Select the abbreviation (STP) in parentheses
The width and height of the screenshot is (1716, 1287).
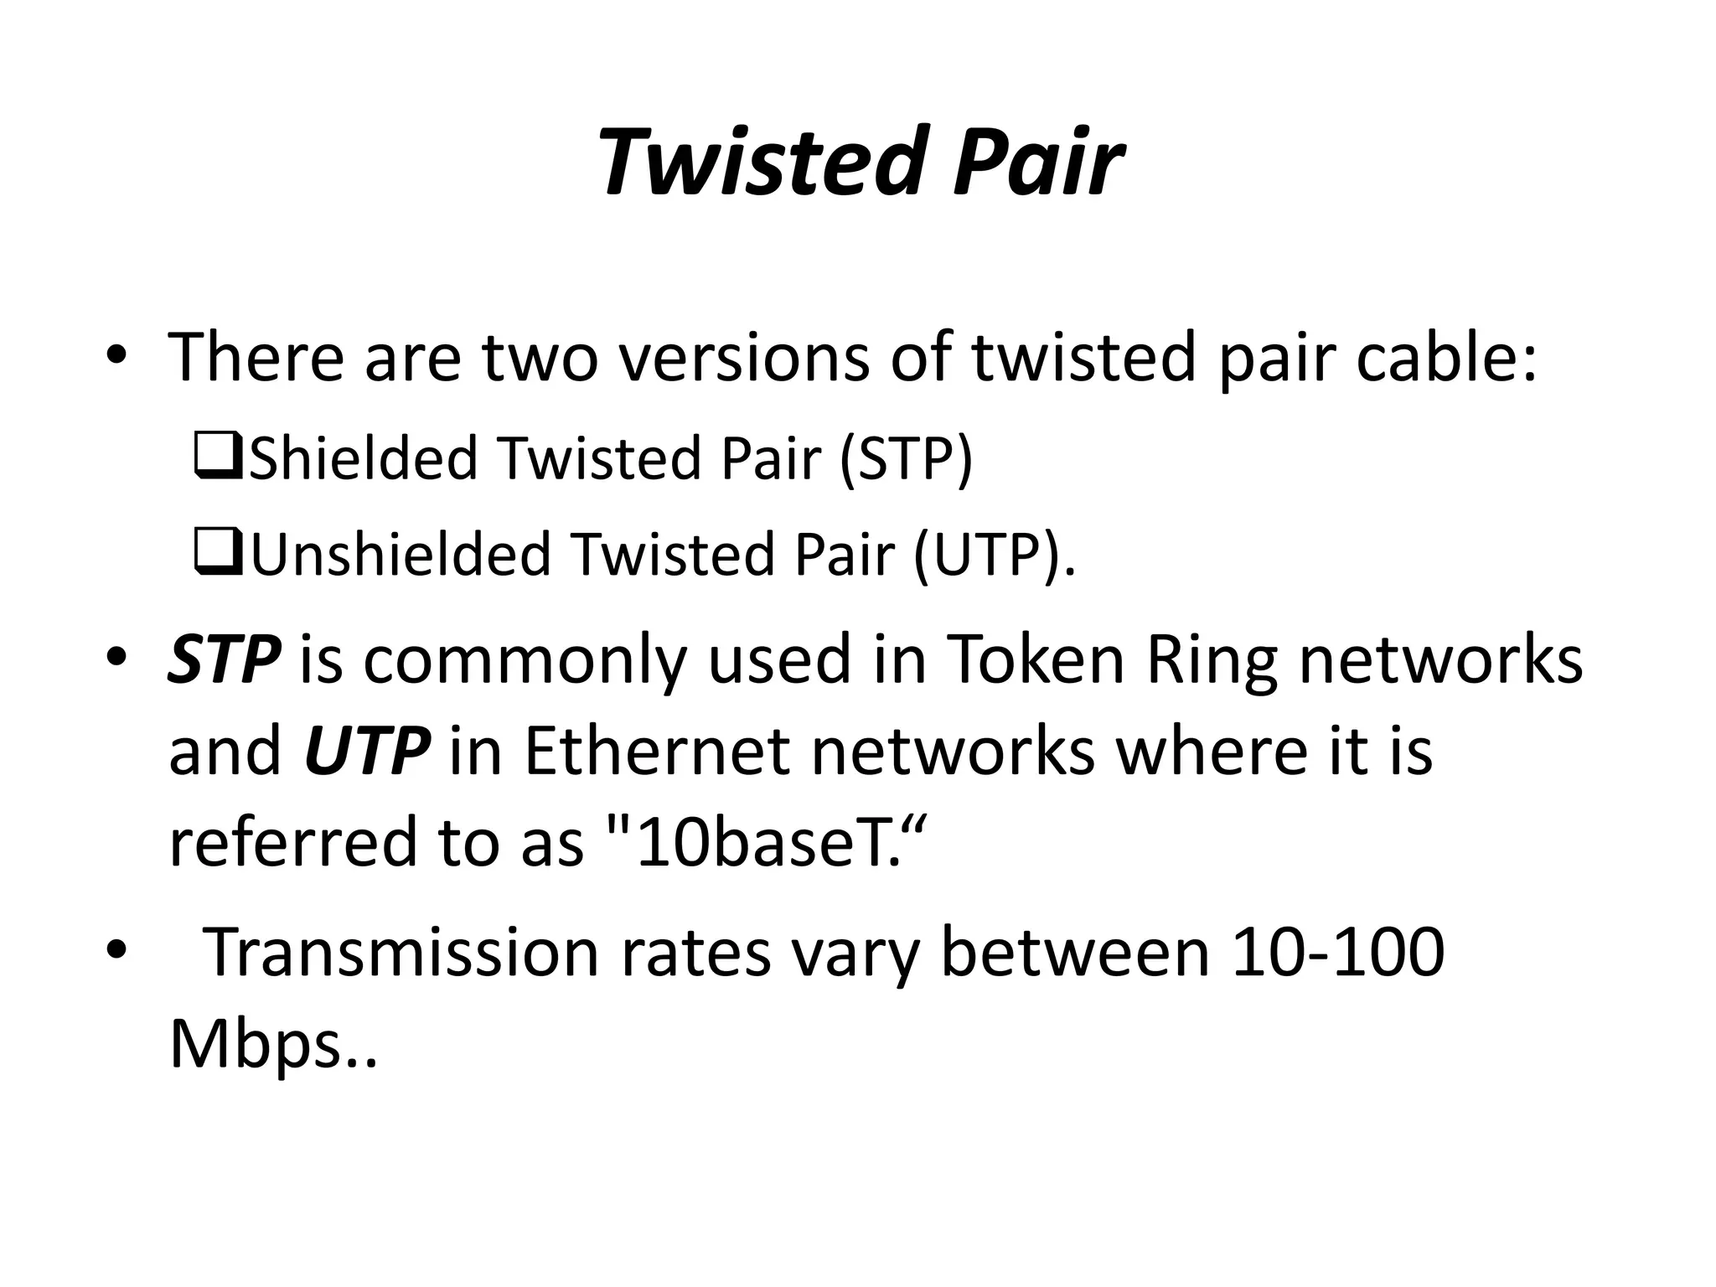pyautogui.click(x=906, y=457)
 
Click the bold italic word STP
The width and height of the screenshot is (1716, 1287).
pyautogui.click(x=224, y=658)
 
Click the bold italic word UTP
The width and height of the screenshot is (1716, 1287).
pyautogui.click(x=367, y=749)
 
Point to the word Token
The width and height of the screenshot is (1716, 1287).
pyautogui.click(x=1035, y=658)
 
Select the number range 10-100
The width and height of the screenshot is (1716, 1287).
pyautogui.click(x=1338, y=952)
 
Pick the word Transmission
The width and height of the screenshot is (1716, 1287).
pyautogui.click(x=401, y=952)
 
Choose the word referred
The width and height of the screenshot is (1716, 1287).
pyautogui.click(x=292, y=841)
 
